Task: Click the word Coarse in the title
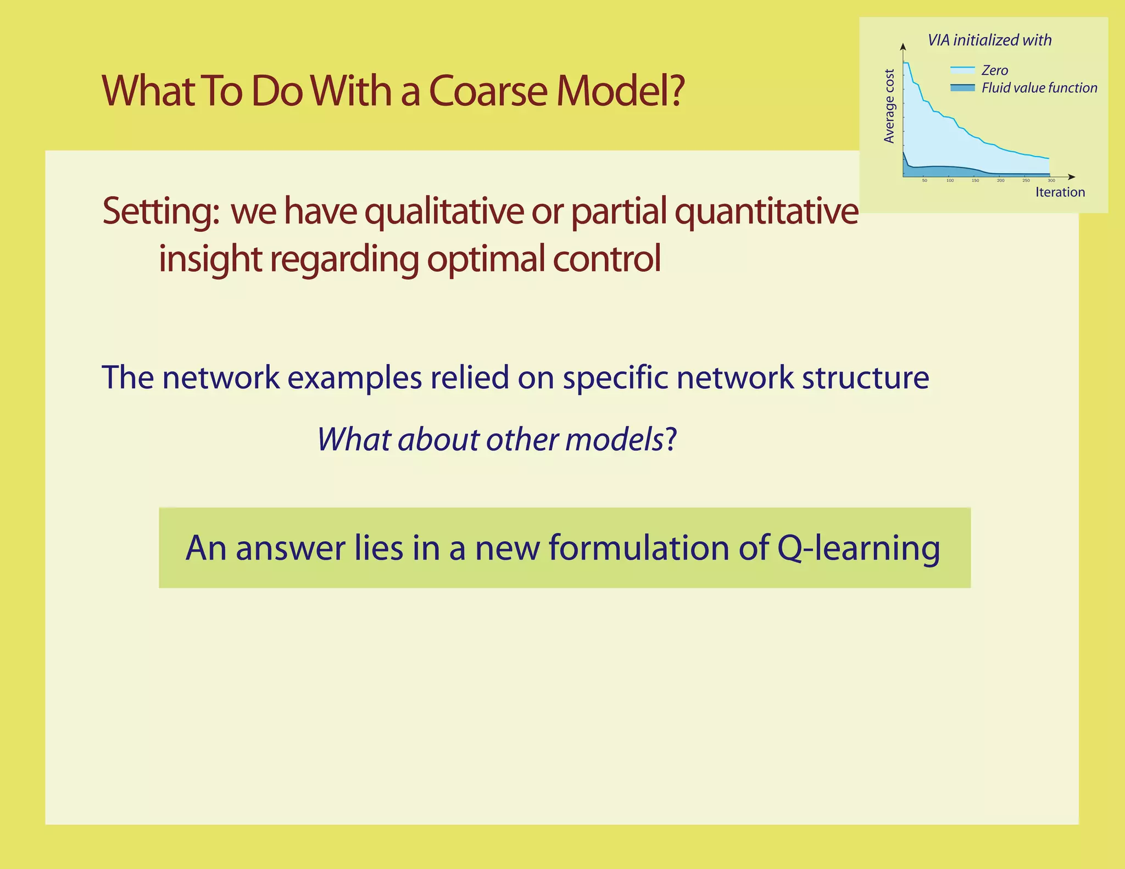pyautogui.click(x=487, y=91)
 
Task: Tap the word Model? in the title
pyautogui.click(x=620, y=91)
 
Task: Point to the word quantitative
pyautogui.click(x=766, y=212)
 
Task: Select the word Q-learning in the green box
pyautogui.click(x=858, y=548)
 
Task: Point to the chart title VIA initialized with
pyautogui.click(x=989, y=40)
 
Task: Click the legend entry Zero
pyautogui.click(x=994, y=70)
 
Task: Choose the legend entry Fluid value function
pyautogui.click(x=1039, y=88)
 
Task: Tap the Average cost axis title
pyautogui.click(x=889, y=106)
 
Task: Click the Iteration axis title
pyautogui.click(x=1060, y=192)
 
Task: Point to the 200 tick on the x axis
pyautogui.click(x=1001, y=181)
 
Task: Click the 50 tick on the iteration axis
pyautogui.click(x=924, y=181)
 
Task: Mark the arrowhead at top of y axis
pyautogui.click(x=903, y=46)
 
